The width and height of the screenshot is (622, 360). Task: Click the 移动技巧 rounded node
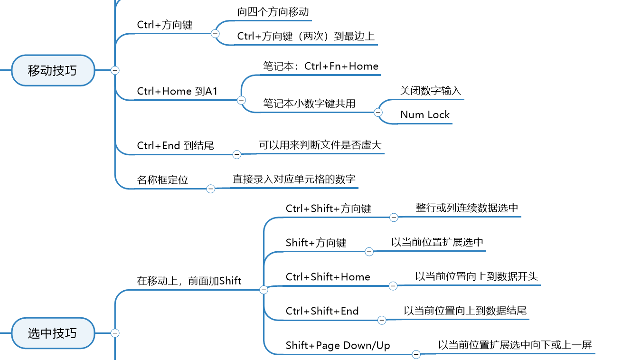(x=53, y=70)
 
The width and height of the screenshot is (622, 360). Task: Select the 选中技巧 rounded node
(x=53, y=333)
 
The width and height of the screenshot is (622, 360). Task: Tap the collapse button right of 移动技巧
(x=115, y=70)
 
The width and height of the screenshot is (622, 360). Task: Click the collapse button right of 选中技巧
(x=115, y=333)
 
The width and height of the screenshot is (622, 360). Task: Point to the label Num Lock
(x=425, y=115)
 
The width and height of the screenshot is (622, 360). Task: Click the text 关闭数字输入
(x=430, y=91)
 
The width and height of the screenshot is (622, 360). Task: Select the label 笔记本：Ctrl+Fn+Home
(x=320, y=66)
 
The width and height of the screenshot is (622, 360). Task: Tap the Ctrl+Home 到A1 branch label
(x=177, y=91)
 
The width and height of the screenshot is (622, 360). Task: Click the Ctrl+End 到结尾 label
(x=176, y=145)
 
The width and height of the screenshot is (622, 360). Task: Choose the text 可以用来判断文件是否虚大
(x=320, y=145)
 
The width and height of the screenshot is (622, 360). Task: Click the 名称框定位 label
(x=162, y=180)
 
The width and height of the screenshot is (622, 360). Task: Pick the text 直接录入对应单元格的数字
(x=294, y=179)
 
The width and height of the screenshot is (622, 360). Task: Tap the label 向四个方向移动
(x=273, y=12)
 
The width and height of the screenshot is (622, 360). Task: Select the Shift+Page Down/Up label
(x=338, y=345)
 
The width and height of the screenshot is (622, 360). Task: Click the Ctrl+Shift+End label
(x=322, y=311)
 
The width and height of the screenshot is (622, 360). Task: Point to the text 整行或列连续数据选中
(x=467, y=208)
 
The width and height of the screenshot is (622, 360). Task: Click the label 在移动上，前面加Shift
(x=189, y=281)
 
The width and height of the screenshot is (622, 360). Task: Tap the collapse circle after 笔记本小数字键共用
(x=378, y=113)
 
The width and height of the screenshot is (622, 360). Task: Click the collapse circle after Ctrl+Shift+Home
(x=393, y=286)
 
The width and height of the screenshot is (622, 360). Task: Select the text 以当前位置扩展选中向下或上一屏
(x=515, y=345)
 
